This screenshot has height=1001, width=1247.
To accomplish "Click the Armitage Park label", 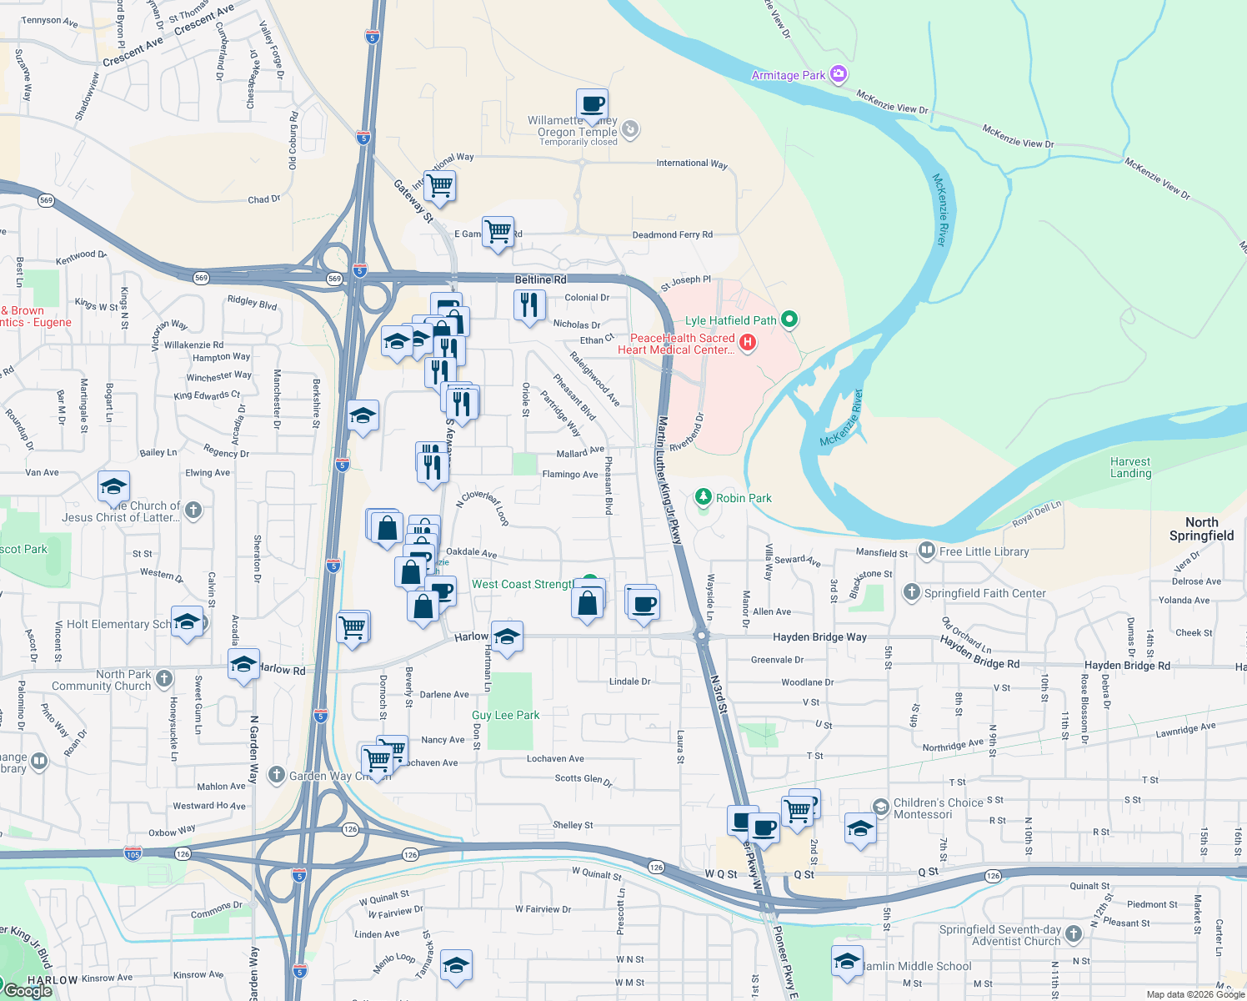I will [x=788, y=75].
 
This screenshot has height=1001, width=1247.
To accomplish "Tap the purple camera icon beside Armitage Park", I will [x=839, y=74].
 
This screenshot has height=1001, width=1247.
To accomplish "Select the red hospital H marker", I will [x=748, y=342].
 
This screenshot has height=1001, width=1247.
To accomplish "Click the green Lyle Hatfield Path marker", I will [x=789, y=319].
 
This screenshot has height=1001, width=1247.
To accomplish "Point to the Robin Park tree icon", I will [x=704, y=497].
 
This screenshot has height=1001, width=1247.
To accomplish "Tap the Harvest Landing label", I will [x=1130, y=467].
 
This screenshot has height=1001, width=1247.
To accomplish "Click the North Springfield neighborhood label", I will [x=1201, y=529].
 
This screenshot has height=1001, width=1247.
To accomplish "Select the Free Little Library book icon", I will [x=926, y=551].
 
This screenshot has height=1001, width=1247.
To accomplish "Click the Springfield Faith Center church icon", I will [x=911, y=592].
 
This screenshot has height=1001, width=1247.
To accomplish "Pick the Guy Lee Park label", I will [x=505, y=715].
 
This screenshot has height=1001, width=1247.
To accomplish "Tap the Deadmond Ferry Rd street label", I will [x=672, y=234].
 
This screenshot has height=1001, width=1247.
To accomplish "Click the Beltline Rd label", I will [x=540, y=279].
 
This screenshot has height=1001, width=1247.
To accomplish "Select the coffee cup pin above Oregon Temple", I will [x=592, y=105].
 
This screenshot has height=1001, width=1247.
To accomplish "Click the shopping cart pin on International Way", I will [x=439, y=185].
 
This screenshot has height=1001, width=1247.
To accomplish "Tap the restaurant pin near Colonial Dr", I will [x=529, y=305].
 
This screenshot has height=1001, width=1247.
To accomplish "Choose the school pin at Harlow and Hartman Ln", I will [x=507, y=637].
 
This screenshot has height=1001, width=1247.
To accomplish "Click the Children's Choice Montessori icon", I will [x=881, y=806].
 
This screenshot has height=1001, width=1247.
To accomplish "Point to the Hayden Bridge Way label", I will [x=819, y=636].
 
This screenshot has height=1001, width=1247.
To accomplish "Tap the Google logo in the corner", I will [x=28, y=990].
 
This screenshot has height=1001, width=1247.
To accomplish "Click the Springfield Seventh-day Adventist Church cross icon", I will [x=1074, y=934].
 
